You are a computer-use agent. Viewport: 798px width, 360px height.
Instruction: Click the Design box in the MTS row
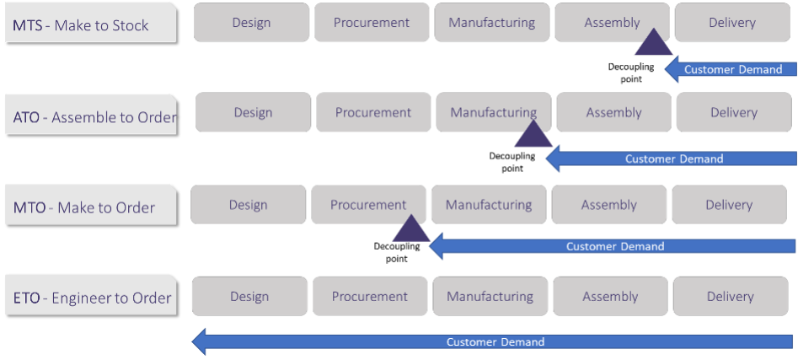coord(251,23)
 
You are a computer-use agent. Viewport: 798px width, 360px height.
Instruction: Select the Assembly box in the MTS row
coord(612,23)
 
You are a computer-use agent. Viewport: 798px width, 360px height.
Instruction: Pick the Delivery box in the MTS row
coord(732,23)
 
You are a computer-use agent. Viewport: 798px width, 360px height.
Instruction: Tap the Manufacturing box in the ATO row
coord(493,112)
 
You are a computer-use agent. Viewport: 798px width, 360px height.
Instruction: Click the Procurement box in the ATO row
coord(373,112)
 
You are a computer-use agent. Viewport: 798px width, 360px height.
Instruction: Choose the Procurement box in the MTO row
coord(368,205)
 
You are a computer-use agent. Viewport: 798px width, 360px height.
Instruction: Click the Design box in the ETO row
coord(249,296)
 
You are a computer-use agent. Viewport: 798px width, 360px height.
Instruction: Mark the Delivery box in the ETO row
coord(731,296)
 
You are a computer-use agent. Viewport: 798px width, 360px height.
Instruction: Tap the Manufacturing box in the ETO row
coord(490,296)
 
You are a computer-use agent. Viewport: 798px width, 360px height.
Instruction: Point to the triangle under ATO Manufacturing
coord(533,136)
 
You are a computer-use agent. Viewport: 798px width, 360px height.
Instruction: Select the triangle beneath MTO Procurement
coord(411,230)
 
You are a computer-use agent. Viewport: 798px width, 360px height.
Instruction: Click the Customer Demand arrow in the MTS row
coord(731,69)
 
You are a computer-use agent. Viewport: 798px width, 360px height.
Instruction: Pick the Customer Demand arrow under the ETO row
coord(494,341)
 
